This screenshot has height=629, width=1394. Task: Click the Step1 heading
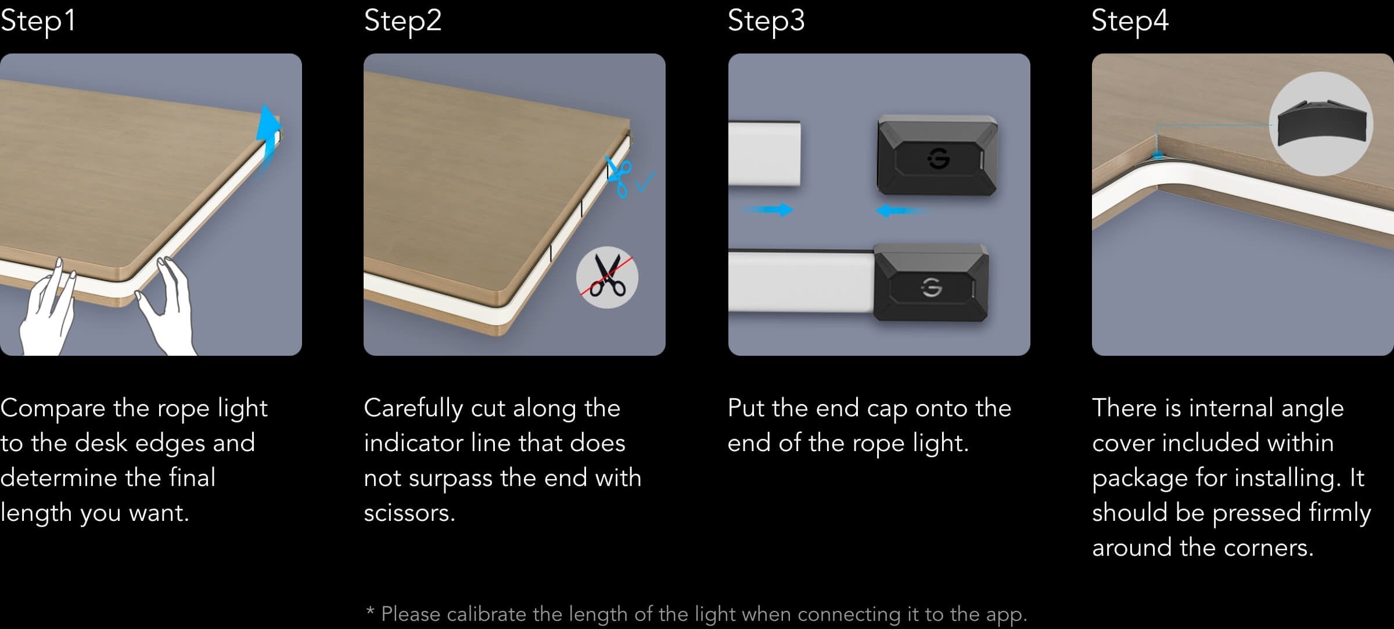click(x=38, y=21)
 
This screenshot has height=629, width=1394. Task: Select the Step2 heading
click(x=403, y=21)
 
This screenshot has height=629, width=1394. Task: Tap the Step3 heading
click(x=766, y=21)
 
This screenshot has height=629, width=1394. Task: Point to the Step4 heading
click(x=1130, y=21)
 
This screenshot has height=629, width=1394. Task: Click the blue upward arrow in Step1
click(x=268, y=134)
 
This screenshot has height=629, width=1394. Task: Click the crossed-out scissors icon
click(x=607, y=277)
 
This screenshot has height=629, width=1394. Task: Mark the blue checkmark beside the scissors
click(x=645, y=181)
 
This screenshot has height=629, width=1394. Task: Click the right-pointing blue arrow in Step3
click(x=768, y=209)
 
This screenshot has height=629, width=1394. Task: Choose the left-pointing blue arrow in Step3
click(x=903, y=210)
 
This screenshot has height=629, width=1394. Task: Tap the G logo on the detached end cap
click(x=939, y=158)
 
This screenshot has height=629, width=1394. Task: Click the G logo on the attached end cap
click(x=932, y=287)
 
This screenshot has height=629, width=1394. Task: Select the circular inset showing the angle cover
click(x=1321, y=123)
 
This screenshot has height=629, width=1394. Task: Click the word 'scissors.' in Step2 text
click(x=409, y=513)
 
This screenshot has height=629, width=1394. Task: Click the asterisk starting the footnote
click(x=370, y=611)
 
